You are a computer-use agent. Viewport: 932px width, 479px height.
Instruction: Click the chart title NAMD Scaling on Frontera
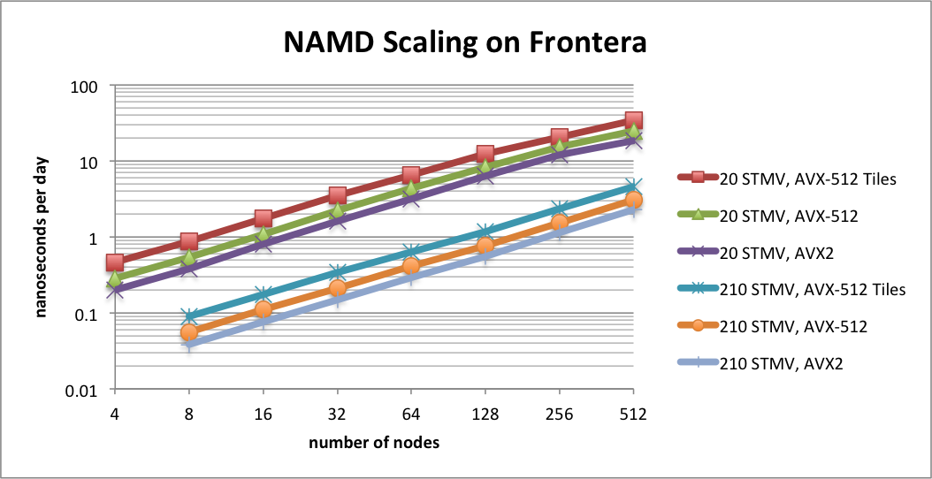(466, 42)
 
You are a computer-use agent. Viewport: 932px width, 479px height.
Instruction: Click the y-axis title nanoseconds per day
(42, 237)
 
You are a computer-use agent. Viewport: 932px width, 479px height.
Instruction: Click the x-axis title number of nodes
(373, 442)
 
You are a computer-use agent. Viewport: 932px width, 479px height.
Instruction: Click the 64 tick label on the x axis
(410, 414)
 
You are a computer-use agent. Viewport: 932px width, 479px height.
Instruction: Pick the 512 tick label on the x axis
(633, 414)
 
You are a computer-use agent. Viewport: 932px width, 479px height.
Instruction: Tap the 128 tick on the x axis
(485, 414)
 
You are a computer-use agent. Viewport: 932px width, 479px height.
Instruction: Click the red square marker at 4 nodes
(114, 262)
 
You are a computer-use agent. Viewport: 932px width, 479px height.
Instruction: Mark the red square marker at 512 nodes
(633, 120)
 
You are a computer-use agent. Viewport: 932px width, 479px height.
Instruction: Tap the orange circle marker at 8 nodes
(188, 332)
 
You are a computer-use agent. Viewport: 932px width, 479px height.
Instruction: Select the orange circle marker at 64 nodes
(410, 266)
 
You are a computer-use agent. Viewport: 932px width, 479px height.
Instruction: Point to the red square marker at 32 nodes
(337, 195)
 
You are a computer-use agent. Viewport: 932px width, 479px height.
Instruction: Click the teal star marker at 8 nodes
(188, 316)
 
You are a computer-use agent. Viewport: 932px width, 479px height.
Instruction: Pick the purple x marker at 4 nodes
(114, 289)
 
